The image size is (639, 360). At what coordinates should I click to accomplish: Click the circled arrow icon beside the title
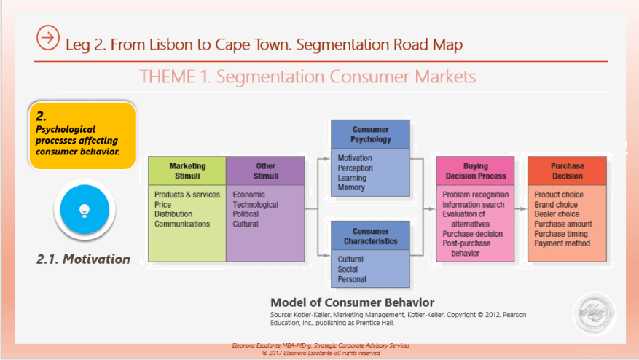coord(47,36)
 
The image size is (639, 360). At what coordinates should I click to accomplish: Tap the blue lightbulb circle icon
coord(85,210)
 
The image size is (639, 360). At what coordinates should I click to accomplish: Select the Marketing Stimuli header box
coord(187,171)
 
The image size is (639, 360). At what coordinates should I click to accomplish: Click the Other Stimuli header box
coord(265,171)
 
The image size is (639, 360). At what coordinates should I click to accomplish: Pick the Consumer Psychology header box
coord(371,134)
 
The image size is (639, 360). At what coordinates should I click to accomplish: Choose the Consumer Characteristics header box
coord(370,236)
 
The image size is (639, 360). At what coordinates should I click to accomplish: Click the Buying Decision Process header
coord(475,171)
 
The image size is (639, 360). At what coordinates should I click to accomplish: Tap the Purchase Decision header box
coord(567,171)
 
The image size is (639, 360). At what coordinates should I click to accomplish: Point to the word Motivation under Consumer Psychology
coord(355,158)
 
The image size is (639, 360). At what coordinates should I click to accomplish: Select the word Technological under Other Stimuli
coord(256,205)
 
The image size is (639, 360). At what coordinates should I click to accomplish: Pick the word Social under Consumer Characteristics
coord(348,269)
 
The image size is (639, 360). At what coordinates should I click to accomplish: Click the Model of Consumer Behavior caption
coord(352,302)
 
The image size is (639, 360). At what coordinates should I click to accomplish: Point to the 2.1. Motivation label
coord(83,259)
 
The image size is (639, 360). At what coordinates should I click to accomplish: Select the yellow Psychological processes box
coord(82,136)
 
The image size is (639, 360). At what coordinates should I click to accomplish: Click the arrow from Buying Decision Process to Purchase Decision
coord(520,208)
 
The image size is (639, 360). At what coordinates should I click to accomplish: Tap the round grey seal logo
coord(594,315)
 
